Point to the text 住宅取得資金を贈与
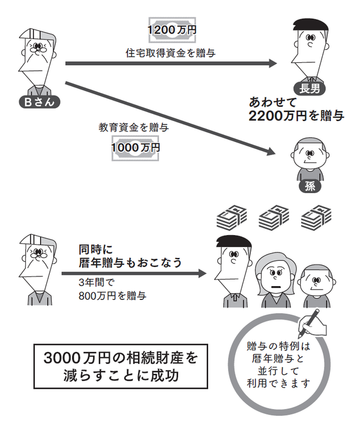pos(171,53)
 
